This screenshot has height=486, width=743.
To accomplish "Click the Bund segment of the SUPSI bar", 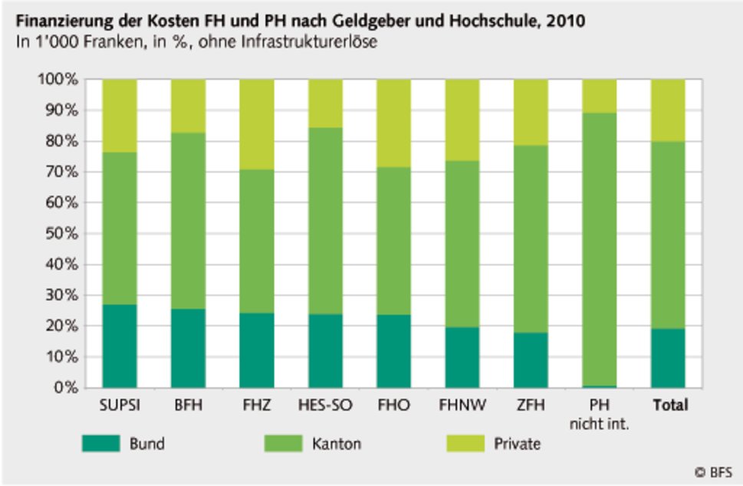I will click(120, 346).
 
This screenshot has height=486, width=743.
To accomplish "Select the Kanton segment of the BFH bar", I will click(188, 221).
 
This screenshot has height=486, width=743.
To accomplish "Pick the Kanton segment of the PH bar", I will click(600, 249).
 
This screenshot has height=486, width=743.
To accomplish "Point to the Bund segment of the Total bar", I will click(668, 358).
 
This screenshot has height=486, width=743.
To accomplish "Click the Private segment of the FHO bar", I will click(394, 123).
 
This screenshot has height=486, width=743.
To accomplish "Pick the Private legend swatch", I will click(465, 444).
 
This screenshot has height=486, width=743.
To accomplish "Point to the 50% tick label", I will click(59, 234).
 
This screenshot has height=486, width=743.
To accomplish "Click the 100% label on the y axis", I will click(56, 80).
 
